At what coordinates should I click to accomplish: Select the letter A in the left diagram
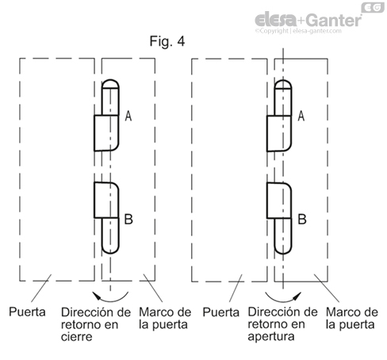(128, 116)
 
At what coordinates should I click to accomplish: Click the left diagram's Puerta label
(29, 312)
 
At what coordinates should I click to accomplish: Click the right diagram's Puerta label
(222, 312)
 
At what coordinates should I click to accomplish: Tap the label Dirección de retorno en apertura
(281, 324)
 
